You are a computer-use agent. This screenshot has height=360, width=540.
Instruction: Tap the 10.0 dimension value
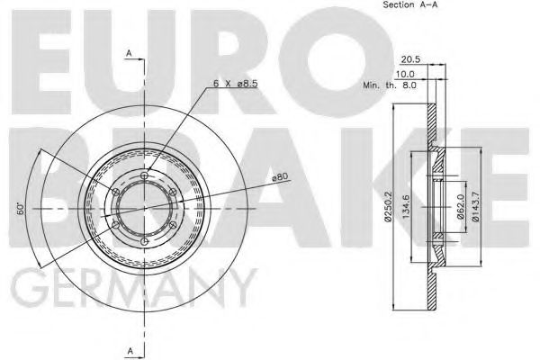406,73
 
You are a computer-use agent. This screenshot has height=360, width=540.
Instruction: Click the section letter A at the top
130,54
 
